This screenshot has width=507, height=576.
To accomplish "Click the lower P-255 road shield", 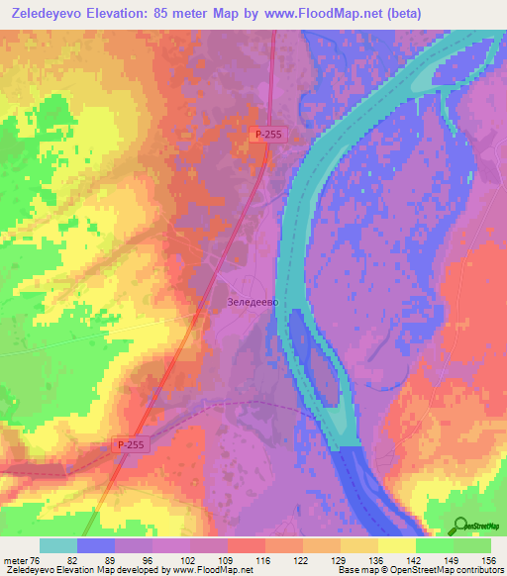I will click(129, 446).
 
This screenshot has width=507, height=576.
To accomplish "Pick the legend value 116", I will click(264, 559).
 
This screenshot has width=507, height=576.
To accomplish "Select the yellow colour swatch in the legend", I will click(396, 545).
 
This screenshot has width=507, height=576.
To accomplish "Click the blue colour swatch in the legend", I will click(96, 545).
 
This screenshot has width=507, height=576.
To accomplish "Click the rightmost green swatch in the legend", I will click(472, 545).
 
